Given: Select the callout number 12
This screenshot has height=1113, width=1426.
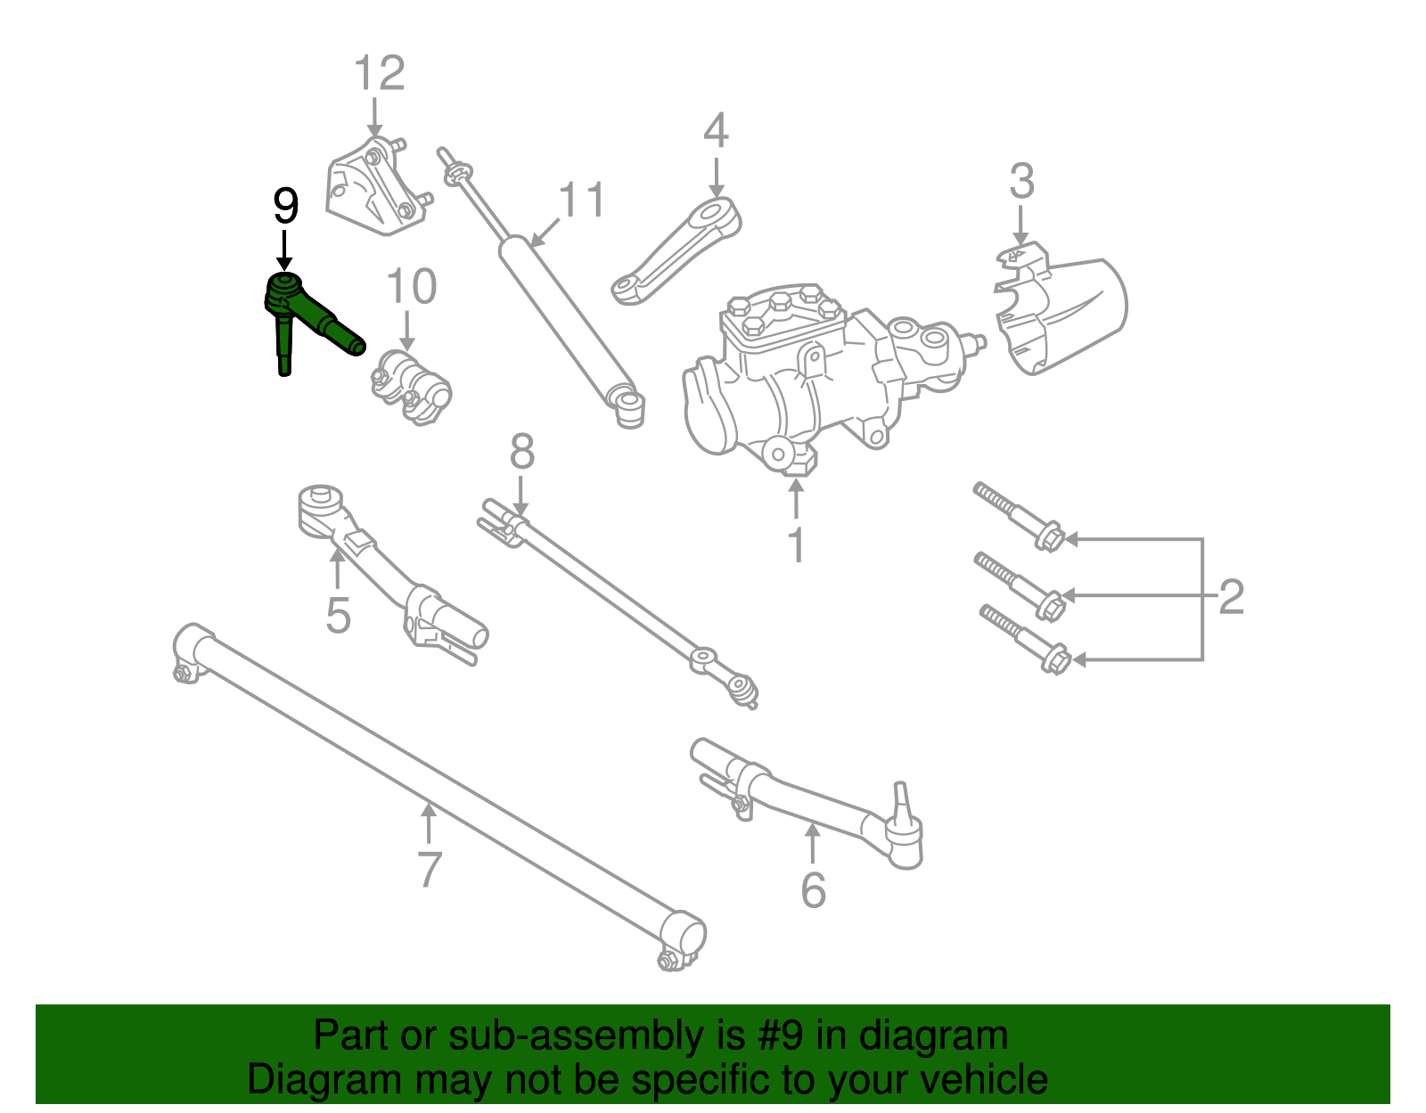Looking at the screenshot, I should tap(380, 73).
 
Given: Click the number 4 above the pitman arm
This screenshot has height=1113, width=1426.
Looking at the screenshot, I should tap(716, 131).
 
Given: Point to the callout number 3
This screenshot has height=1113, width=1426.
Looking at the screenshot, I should tap(1021, 182).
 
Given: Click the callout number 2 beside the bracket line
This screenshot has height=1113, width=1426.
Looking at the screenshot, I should tap(1231, 596).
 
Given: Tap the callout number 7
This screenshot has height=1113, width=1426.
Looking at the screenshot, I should tap(429, 870).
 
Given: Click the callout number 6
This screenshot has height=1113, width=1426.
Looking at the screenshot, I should tap(813, 890).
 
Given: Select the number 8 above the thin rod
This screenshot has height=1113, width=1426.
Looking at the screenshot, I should tap(522, 452).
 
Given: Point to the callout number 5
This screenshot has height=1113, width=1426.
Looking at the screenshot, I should tap(338, 615).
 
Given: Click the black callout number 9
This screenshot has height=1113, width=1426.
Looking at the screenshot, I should tap(285, 207).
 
